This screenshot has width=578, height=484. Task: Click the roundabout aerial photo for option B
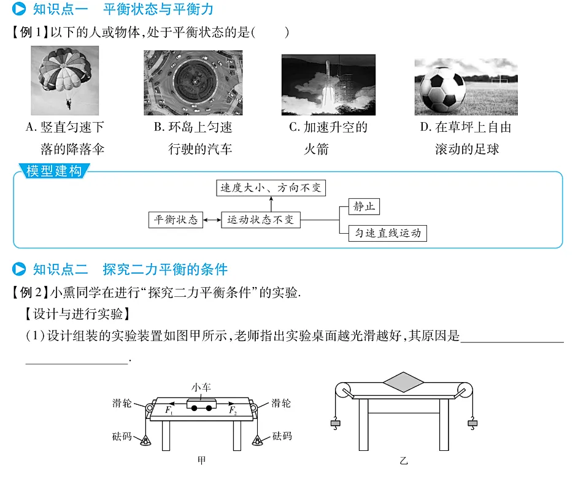click(x=193, y=82)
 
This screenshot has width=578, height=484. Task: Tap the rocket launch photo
click(x=328, y=85)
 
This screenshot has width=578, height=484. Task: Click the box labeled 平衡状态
click(x=175, y=220)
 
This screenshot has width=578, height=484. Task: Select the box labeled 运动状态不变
click(x=260, y=220)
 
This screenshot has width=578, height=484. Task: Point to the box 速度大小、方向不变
click(x=271, y=188)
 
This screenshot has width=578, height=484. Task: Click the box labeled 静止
click(x=363, y=207)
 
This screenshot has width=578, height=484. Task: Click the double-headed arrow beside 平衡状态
click(x=212, y=220)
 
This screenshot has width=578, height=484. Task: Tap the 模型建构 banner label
click(x=54, y=171)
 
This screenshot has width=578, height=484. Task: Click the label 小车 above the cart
click(x=201, y=387)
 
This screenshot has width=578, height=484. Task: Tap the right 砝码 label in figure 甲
click(x=282, y=436)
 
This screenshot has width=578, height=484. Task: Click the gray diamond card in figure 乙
click(x=403, y=382)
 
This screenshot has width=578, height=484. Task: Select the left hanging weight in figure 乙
click(x=335, y=423)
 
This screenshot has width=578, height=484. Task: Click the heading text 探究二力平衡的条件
click(x=166, y=269)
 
